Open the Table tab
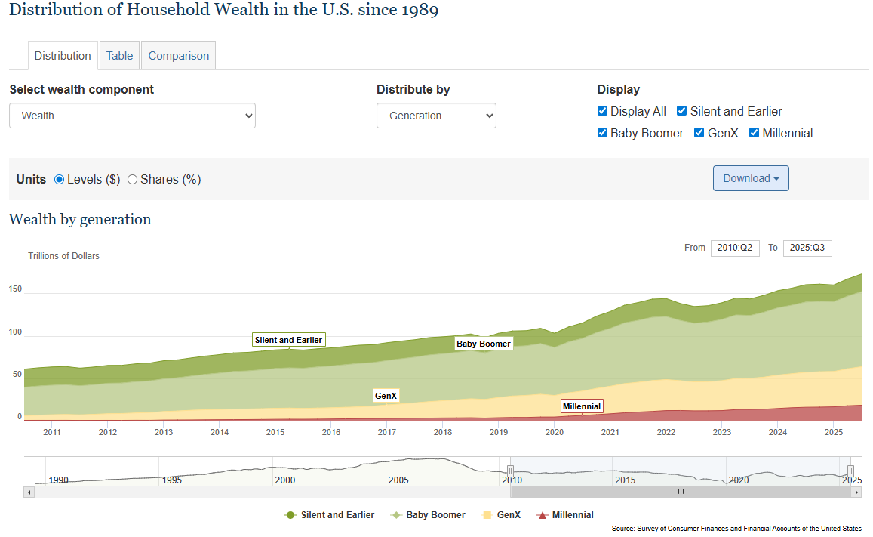click(119, 56)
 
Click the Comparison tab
click(179, 56)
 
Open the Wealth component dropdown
click(132, 116)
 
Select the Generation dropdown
click(436, 116)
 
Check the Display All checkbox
click(602, 111)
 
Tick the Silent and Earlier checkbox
click(682, 111)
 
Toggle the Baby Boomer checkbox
click(602, 133)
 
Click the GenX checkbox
click(699, 133)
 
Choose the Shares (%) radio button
click(133, 180)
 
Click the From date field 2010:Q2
click(735, 248)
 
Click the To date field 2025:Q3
click(807, 248)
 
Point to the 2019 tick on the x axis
click(499, 432)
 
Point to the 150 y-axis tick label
click(16, 289)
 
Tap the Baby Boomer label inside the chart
click(484, 344)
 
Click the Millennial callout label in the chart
click(582, 406)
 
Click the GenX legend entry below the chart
click(502, 515)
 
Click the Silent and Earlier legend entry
click(330, 515)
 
